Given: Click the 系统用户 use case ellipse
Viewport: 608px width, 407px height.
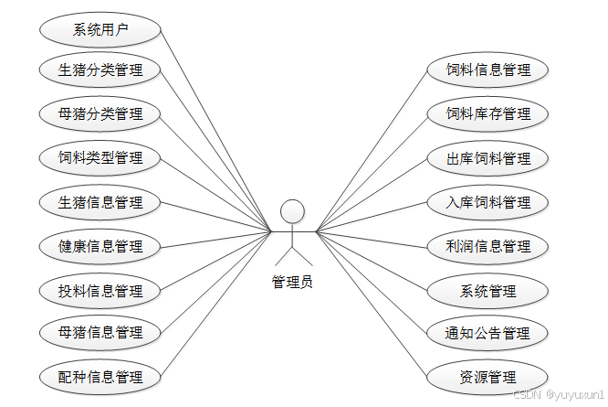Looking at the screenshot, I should pos(100,27).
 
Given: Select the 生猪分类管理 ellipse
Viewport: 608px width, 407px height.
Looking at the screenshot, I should pos(100,70).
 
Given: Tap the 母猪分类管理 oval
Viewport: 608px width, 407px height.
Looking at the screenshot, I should pos(100,113).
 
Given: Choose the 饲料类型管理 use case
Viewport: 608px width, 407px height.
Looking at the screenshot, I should pos(100,157).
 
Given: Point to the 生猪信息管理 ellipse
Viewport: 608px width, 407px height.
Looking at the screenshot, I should pos(100,201).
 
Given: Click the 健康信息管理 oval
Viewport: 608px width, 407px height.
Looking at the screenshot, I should pos(100,245).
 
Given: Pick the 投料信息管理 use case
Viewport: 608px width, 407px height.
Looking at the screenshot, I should pos(100,290).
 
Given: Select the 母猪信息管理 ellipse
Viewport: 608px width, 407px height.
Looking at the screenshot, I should pos(100,332).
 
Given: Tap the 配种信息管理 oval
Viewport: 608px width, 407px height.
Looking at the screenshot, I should pos(100,376).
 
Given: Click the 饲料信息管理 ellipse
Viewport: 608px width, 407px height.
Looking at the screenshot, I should pos(487,70).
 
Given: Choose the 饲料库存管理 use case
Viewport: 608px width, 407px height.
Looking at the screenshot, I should pos(487,113).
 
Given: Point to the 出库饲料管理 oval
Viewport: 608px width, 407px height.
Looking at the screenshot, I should pos(487,157).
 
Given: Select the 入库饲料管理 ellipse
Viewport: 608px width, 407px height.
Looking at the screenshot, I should pos(487,201).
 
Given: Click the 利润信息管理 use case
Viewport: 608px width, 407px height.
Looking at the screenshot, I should pos(487,245).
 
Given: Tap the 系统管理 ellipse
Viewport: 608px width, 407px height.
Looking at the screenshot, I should pos(487,290).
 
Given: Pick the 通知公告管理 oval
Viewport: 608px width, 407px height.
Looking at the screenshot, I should pos(487,332).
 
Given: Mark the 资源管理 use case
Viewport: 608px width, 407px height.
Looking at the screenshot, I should pos(487,376).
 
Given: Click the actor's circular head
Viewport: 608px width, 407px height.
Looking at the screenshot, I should pos(292,211).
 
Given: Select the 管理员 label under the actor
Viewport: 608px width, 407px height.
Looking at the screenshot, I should pos(292,282).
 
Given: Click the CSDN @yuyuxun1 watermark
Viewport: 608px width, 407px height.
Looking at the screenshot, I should pos(558,396).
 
